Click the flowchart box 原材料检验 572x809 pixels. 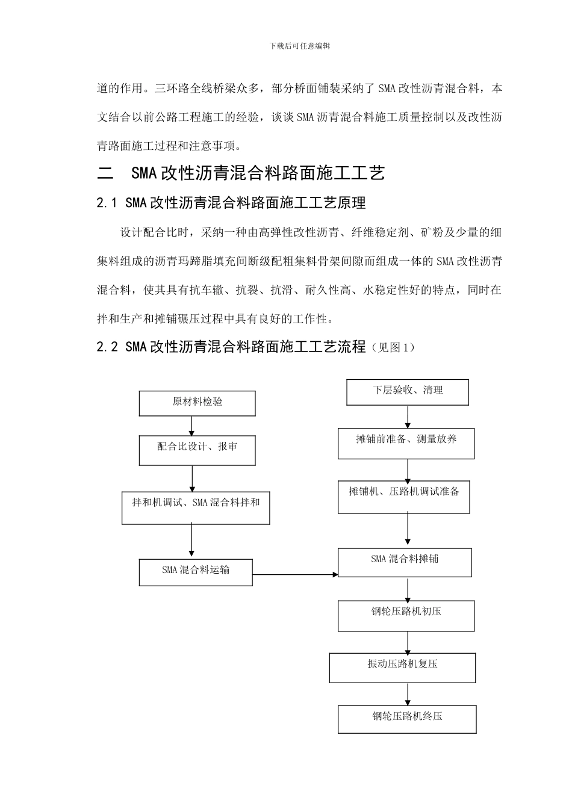[197, 403]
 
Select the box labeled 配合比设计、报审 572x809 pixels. [197, 450]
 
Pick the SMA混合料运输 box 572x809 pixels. [196, 572]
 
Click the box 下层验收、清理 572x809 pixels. [408, 392]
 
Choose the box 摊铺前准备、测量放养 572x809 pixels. [406, 444]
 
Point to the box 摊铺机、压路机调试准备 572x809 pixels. [403, 497]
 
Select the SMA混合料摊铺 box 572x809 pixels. [405, 563]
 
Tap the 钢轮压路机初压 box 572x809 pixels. [406, 615]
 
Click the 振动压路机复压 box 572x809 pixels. [402, 668]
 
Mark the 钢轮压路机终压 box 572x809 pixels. [407, 719]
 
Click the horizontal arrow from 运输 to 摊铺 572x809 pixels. [295, 575]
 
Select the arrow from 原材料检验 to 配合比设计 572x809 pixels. [192, 426]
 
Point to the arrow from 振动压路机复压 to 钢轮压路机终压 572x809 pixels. [408, 694]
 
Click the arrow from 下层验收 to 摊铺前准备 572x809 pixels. [408, 417]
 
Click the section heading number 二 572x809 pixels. [105, 174]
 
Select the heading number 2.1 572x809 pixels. [106, 203]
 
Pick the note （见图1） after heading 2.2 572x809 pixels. [392, 347]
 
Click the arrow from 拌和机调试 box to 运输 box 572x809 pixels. [192, 541]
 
